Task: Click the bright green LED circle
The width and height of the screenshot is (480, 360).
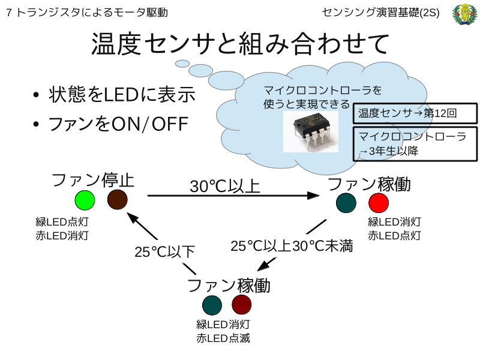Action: tap(85, 200)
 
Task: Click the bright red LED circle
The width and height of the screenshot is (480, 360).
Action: tap(379, 203)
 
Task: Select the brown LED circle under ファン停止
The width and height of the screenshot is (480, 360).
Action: tap(117, 200)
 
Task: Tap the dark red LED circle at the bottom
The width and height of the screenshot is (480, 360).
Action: tap(242, 305)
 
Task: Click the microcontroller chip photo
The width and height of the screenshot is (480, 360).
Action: tap(311, 131)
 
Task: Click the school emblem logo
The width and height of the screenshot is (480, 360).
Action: tap(464, 14)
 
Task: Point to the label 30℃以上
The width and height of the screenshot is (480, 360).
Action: tap(225, 186)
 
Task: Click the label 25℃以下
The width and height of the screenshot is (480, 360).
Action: tap(164, 251)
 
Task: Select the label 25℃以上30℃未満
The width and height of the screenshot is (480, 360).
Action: tap(292, 246)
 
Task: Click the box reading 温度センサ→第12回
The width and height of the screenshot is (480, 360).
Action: tap(415, 113)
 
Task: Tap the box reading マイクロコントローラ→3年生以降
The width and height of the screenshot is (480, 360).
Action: tap(415, 144)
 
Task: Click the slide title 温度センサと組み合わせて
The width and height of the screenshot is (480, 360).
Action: tap(241, 43)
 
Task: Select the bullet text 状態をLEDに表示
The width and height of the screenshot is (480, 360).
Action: tap(122, 94)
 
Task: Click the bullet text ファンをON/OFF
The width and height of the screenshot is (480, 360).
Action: tap(118, 124)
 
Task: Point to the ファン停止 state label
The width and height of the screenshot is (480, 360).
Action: tap(93, 180)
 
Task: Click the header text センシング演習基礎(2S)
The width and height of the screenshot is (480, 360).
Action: tap(380, 13)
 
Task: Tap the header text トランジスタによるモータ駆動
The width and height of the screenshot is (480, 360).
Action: tap(92, 13)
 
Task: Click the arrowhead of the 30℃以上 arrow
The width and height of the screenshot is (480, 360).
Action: tap(313, 196)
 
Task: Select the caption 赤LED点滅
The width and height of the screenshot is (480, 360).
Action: tap(223, 338)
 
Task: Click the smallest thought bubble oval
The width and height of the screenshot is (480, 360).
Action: tap(182, 64)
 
